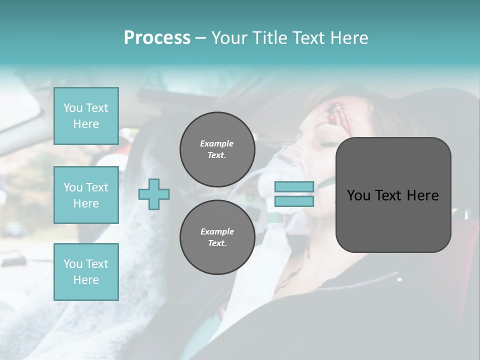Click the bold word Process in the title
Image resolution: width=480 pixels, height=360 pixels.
pyautogui.click(x=157, y=38)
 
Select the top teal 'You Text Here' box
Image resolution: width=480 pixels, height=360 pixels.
pyautogui.click(x=86, y=116)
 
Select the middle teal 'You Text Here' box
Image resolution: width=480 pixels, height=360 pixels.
pyautogui.click(x=86, y=195)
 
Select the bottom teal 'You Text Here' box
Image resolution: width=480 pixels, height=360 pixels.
pyautogui.click(x=86, y=272)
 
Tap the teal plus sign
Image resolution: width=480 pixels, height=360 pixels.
pyautogui.click(x=154, y=194)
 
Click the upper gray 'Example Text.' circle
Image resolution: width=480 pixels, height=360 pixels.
pyautogui.click(x=217, y=149)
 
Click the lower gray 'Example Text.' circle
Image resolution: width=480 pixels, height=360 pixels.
pyautogui.click(x=217, y=237)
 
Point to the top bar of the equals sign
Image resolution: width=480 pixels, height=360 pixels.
pyautogui.click(x=294, y=187)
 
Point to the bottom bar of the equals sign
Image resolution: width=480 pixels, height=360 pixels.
pyautogui.click(x=294, y=201)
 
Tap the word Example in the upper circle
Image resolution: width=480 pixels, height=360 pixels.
pyautogui.click(x=217, y=143)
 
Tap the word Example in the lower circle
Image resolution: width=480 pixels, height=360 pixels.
pyautogui.click(x=217, y=231)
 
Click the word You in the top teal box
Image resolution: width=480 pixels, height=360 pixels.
pyautogui.click(x=73, y=108)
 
